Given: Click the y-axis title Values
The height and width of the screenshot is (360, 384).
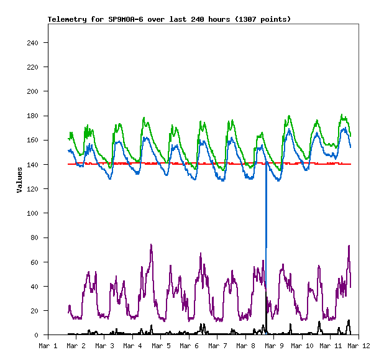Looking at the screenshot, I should pos(19,180).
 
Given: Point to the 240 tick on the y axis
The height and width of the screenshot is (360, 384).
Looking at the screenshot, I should pos(32,43).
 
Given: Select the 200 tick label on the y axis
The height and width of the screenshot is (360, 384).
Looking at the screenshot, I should pos(32,91).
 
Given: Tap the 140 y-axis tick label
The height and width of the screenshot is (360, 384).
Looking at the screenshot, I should pos(32,165).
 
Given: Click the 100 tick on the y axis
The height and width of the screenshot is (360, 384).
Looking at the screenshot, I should pos(32,213).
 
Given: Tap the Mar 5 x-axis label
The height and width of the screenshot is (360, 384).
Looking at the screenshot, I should pos(161,345).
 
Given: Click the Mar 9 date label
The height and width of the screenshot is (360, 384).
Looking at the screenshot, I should pos(274,345).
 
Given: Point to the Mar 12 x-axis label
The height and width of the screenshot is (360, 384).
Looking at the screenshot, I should pos(359,345).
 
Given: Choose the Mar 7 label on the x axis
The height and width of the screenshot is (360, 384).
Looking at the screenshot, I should pos(217,345).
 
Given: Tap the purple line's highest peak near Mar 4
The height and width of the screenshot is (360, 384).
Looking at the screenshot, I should pos(151,245).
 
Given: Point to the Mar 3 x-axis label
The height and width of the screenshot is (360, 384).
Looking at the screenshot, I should pos(104,345).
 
